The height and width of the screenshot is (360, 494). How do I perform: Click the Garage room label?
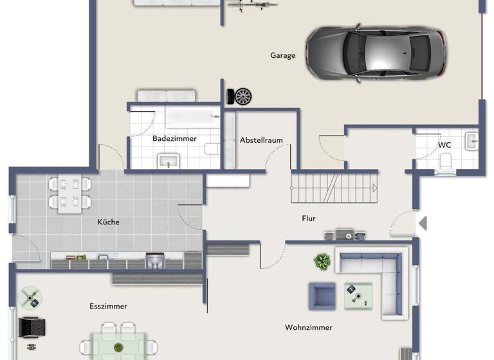coord(282,55)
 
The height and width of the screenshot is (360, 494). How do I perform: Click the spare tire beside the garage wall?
coord(242,96)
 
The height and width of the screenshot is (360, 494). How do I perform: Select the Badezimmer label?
coord(174,138)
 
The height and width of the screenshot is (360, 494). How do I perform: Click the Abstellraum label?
coord(261,140)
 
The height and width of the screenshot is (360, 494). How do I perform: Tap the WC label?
coord(444,145)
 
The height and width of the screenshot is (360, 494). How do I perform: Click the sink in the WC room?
coord(471,140)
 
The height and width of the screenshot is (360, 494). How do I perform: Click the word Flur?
coord(309,219)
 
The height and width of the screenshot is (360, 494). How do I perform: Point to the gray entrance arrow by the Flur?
coord(423,223)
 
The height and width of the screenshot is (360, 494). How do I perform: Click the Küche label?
coord(108,222)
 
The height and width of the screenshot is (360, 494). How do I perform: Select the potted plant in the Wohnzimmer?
coord(322,261)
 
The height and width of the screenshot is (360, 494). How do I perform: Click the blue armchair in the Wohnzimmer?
coord(322,296)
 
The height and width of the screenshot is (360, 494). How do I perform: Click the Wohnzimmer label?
coord(309,328)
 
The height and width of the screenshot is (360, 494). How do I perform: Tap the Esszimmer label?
coord(108,307)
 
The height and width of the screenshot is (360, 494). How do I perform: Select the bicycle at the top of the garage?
coord(252,6)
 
